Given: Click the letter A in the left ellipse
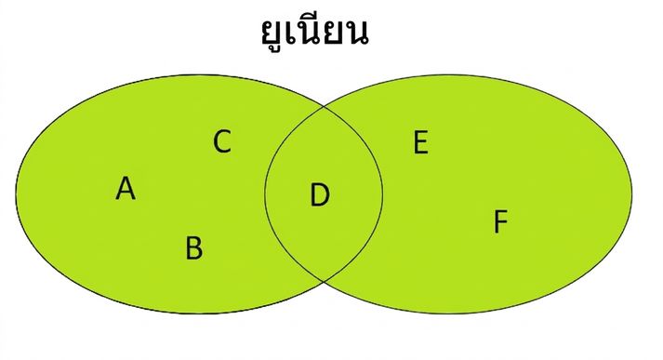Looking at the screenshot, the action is [126, 188].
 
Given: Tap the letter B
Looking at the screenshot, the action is [194, 247].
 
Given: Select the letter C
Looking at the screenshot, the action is [222, 141].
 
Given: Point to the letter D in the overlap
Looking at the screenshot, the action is [320, 194].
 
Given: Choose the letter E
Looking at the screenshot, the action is [420, 142].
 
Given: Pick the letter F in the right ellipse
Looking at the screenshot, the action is [500, 221].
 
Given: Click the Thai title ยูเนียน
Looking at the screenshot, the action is [314, 31].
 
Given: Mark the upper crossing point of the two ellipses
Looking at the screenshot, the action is [325, 107].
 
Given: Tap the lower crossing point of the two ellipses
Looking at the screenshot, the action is [324, 281].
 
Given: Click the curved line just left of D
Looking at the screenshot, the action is [265, 193].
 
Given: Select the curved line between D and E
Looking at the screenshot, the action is [383, 193].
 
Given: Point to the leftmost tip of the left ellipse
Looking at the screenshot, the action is [16, 193].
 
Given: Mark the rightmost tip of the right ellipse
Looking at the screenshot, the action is [632, 193].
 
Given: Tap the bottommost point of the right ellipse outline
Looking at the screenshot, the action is [449, 313].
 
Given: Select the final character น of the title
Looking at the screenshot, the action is [356, 33].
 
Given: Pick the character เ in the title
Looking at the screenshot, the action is [291, 33].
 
